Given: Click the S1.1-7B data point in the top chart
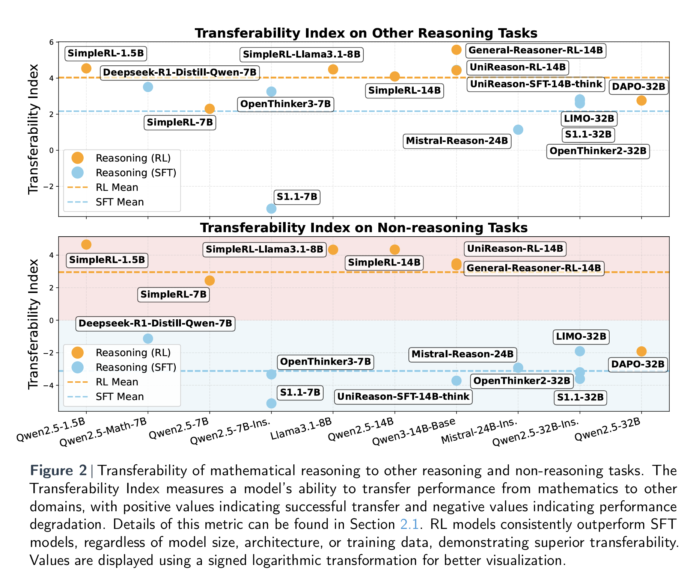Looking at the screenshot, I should pos(271,208).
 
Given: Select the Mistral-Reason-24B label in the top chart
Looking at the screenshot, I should pos(457,141).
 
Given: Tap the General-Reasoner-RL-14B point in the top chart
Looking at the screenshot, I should pos(456,50).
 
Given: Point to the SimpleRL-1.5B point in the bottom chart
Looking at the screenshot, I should pos(86,245).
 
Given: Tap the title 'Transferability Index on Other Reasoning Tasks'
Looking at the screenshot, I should pos(366,33).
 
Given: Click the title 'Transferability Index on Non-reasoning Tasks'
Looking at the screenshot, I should pos(364,228).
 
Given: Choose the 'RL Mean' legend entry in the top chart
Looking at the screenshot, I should pos(117,187).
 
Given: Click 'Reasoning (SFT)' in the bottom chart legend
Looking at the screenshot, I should pos(136,367).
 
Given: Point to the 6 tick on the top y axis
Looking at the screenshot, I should pos(51,42).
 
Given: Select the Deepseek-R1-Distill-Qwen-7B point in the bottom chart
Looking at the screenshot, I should pos(148,338).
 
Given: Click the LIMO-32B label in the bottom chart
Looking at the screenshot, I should pos(581,336).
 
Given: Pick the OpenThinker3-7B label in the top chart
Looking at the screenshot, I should pos(285,104).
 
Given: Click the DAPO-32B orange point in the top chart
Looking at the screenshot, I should pos(641,100).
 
